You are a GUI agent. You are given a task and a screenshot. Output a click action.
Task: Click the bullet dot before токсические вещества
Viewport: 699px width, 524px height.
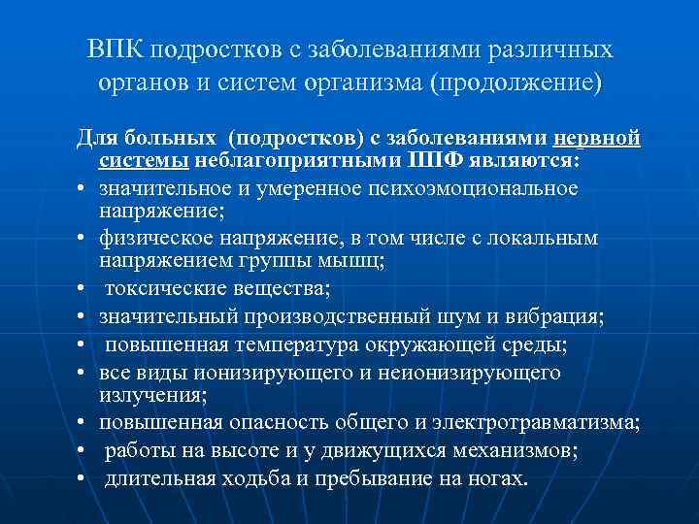(x=83, y=289)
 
